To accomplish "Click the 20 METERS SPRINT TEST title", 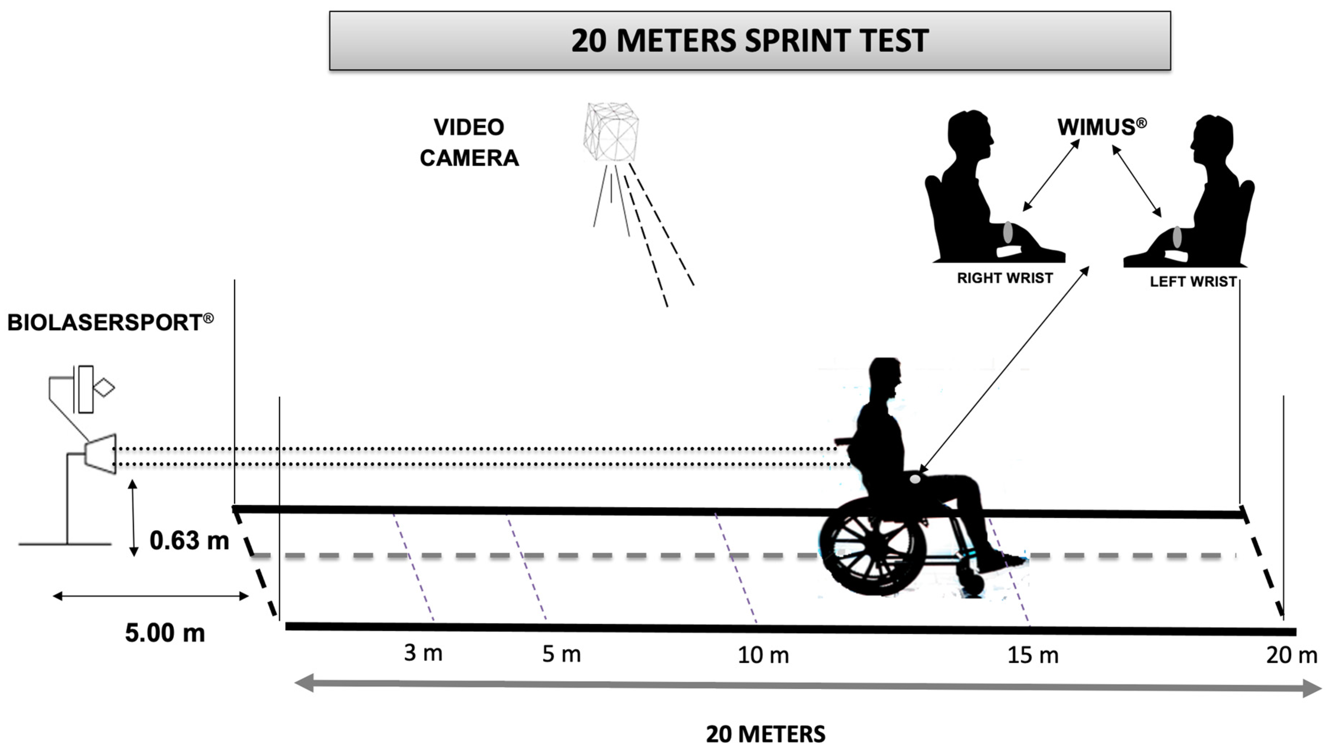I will click(750, 41).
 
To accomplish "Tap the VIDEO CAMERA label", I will click(469, 143).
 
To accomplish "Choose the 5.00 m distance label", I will click(165, 633).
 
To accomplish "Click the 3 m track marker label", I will click(423, 653).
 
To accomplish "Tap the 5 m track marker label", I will click(561, 654).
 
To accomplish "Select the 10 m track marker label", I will click(763, 655).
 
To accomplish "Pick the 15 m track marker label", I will click(1033, 655).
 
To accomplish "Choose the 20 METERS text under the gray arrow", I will click(766, 734).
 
